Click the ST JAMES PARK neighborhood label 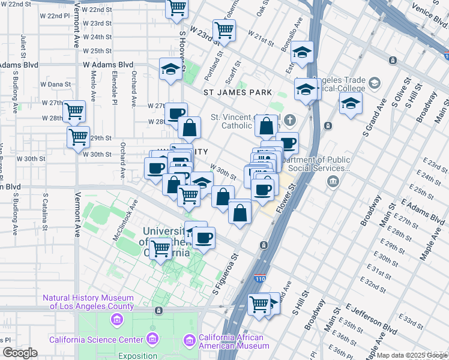237,92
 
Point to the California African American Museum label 234,341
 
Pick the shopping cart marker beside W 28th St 74,110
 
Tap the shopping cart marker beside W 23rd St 224,29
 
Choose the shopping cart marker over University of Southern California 160,247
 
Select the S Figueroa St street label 226,274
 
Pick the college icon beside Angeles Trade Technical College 375,83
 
